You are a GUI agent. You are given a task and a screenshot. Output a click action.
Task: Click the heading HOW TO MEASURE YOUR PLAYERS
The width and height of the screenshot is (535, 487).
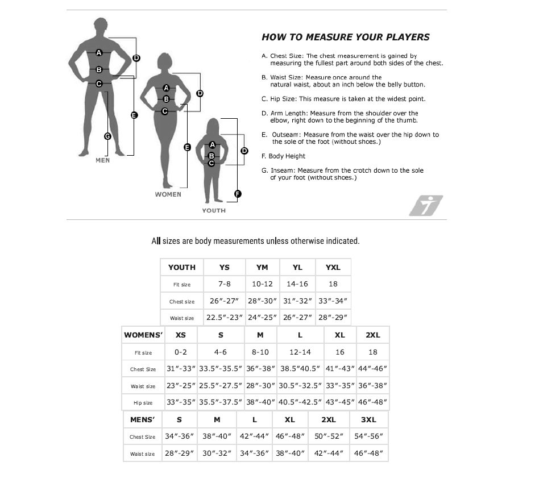[345, 38]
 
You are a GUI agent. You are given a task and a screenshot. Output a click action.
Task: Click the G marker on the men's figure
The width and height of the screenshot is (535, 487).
[107, 136]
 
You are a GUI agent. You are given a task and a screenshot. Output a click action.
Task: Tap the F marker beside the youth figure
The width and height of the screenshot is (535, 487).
[238, 194]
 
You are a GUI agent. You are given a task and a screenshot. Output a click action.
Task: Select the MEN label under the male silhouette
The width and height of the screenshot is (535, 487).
[103, 160]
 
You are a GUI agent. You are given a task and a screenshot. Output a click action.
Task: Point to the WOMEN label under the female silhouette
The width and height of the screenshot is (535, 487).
[168, 194]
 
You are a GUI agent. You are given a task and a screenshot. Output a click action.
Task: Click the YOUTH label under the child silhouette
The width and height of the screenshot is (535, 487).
[214, 211]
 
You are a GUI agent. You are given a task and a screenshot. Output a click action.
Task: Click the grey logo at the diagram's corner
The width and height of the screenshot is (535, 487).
[426, 206]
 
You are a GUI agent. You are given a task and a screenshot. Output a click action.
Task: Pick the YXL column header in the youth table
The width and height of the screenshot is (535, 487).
[333, 267]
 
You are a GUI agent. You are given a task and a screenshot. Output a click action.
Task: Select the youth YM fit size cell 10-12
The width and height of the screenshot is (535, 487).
[262, 284]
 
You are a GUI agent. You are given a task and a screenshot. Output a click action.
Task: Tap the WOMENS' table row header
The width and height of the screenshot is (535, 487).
[143, 335]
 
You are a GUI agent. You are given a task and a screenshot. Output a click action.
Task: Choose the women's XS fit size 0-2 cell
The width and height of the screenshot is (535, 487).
[181, 352]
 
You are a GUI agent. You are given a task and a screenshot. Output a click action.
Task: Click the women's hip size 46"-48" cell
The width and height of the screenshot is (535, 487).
[372, 403]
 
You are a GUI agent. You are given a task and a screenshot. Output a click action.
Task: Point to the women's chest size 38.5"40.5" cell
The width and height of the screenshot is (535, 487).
[300, 369]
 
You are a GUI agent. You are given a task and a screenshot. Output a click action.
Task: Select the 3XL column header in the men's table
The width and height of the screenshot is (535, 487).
[368, 420]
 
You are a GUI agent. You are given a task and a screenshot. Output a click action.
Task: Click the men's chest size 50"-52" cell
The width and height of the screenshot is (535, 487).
[328, 437]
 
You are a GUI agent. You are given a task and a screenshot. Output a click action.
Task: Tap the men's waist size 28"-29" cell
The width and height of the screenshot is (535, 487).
[180, 454]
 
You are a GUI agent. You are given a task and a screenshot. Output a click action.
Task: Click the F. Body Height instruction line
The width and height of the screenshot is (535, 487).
[284, 156]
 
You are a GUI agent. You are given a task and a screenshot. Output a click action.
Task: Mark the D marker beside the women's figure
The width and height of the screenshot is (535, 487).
[200, 93]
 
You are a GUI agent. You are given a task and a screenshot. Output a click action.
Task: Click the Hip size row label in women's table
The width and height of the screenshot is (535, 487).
[143, 403]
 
